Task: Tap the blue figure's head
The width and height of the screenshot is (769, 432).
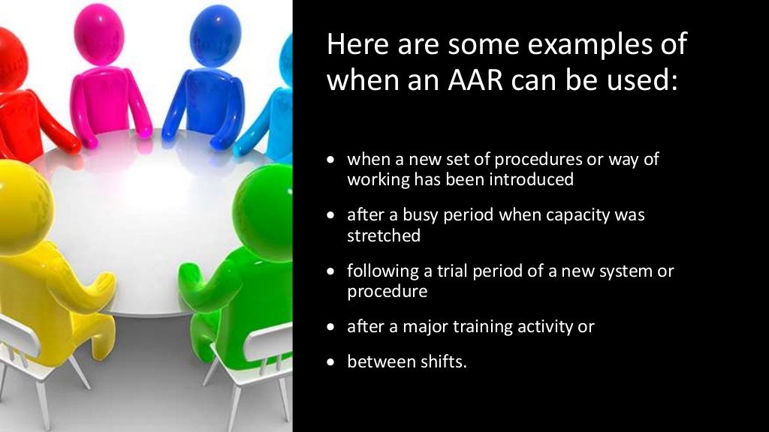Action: click(215, 34)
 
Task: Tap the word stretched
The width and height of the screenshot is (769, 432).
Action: click(383, 235)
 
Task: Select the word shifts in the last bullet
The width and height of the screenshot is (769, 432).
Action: click(444, 361)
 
